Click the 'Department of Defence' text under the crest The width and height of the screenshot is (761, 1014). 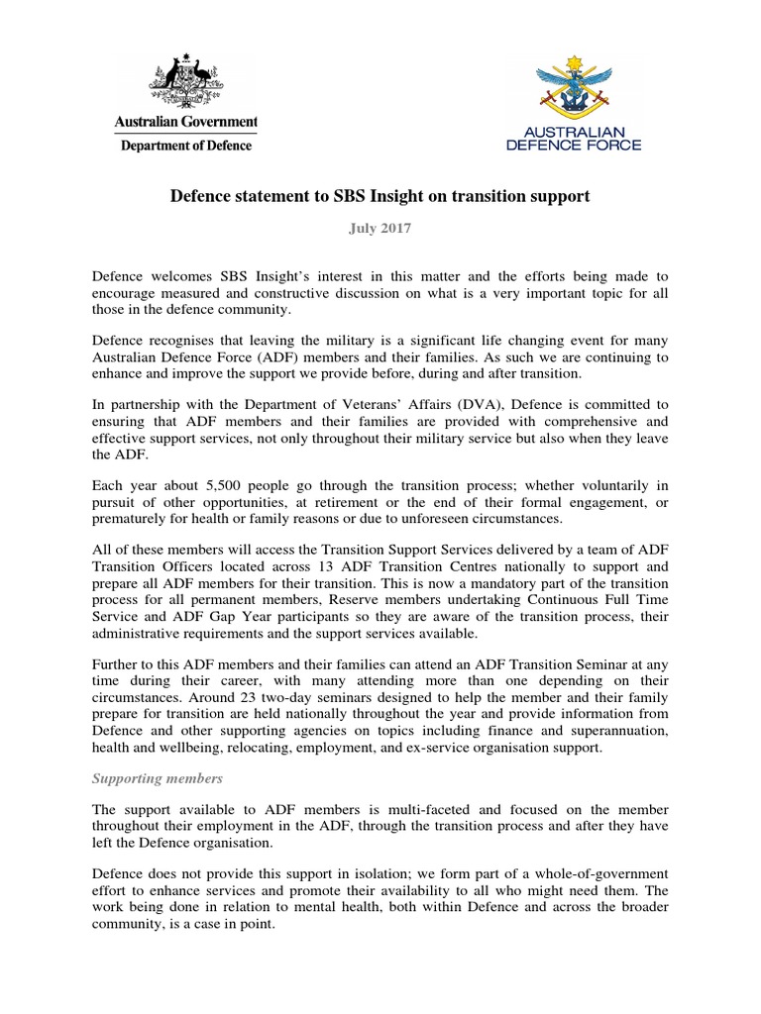click(186, 146)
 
